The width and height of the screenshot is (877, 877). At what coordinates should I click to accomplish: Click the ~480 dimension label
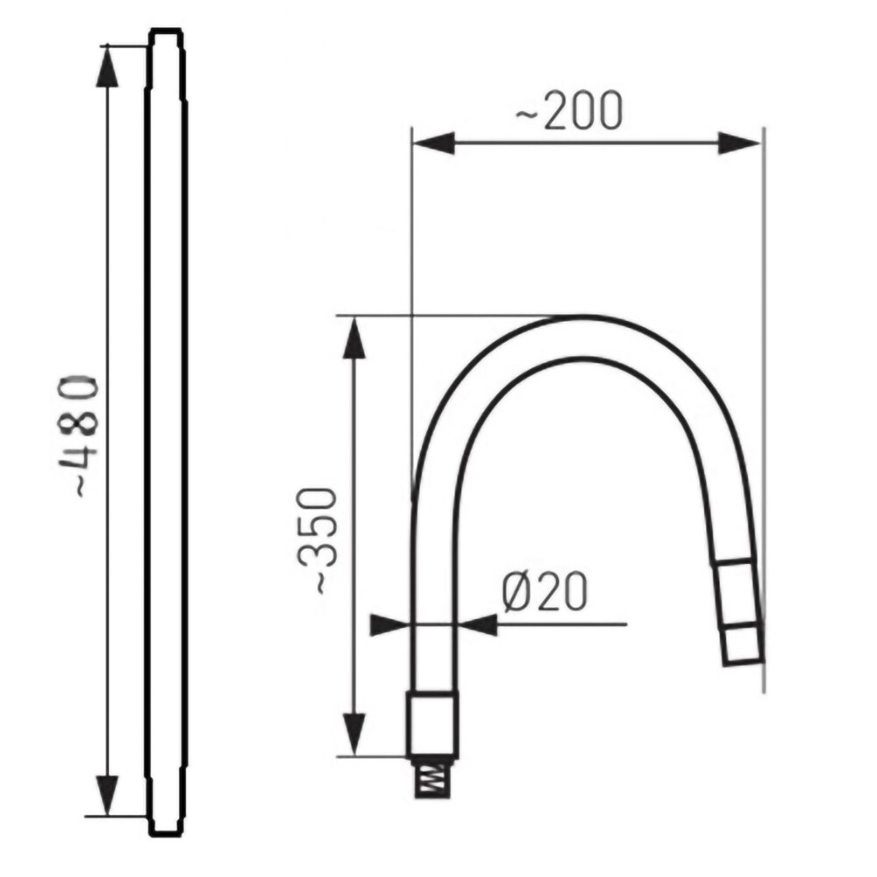coord(78,437)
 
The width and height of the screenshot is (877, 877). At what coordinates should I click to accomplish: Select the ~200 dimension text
coord(568,111)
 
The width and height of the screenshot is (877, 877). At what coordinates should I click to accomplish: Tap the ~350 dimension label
coord(318,540)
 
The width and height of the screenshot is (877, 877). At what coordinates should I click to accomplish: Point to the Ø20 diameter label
coord(545,591)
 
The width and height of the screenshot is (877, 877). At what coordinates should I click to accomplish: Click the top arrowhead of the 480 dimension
coord(107,66)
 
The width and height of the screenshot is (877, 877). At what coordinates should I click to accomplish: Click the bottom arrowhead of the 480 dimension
coord(107,795)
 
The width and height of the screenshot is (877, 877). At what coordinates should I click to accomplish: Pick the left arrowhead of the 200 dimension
coord(433,143)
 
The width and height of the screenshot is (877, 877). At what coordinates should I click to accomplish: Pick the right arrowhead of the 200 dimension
coord(739,143)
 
